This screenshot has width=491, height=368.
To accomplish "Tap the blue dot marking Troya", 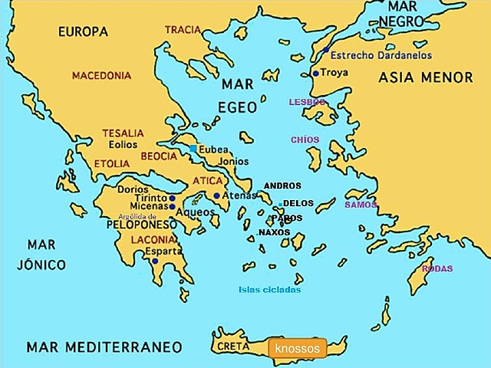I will [315, 74].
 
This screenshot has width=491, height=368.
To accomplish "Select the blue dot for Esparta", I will [155, 261].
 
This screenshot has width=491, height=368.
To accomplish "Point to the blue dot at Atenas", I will [217, 195].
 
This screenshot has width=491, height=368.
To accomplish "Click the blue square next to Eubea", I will [194, 148].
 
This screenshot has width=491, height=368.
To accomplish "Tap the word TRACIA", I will [183, 30].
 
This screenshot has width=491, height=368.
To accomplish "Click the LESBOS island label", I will [307, 102].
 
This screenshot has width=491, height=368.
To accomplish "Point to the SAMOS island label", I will [360, 205].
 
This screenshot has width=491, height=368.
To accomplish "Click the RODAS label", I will [437, 268].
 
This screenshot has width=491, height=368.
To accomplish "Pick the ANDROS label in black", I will [282, 186].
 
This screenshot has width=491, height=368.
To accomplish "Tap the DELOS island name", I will [298, 204].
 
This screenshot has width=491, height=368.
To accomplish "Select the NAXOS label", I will [274, 232].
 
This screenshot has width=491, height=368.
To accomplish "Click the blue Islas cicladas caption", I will [269, 289].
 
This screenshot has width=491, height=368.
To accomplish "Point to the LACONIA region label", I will [144, 238].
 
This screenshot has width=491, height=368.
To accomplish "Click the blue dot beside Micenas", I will [172, 206].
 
